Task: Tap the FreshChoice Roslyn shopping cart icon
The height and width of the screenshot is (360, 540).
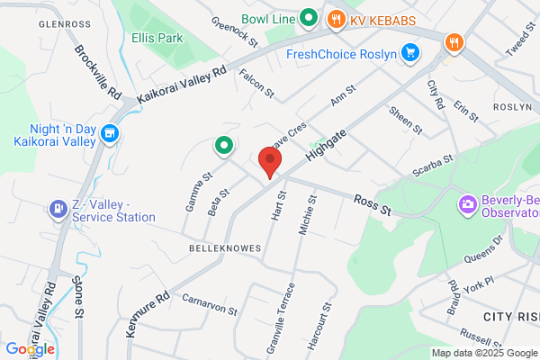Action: click(410, 53)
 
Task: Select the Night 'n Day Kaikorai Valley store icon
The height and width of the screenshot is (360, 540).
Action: click(111, 135)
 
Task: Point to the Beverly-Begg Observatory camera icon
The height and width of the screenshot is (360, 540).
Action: click(468, 205)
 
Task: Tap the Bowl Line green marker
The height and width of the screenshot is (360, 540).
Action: click(308, 17)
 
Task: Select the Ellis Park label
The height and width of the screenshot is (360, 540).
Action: click(157, 39)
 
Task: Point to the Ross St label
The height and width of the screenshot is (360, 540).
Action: click(373, 204)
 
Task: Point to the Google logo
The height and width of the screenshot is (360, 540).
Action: click(30, 349)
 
